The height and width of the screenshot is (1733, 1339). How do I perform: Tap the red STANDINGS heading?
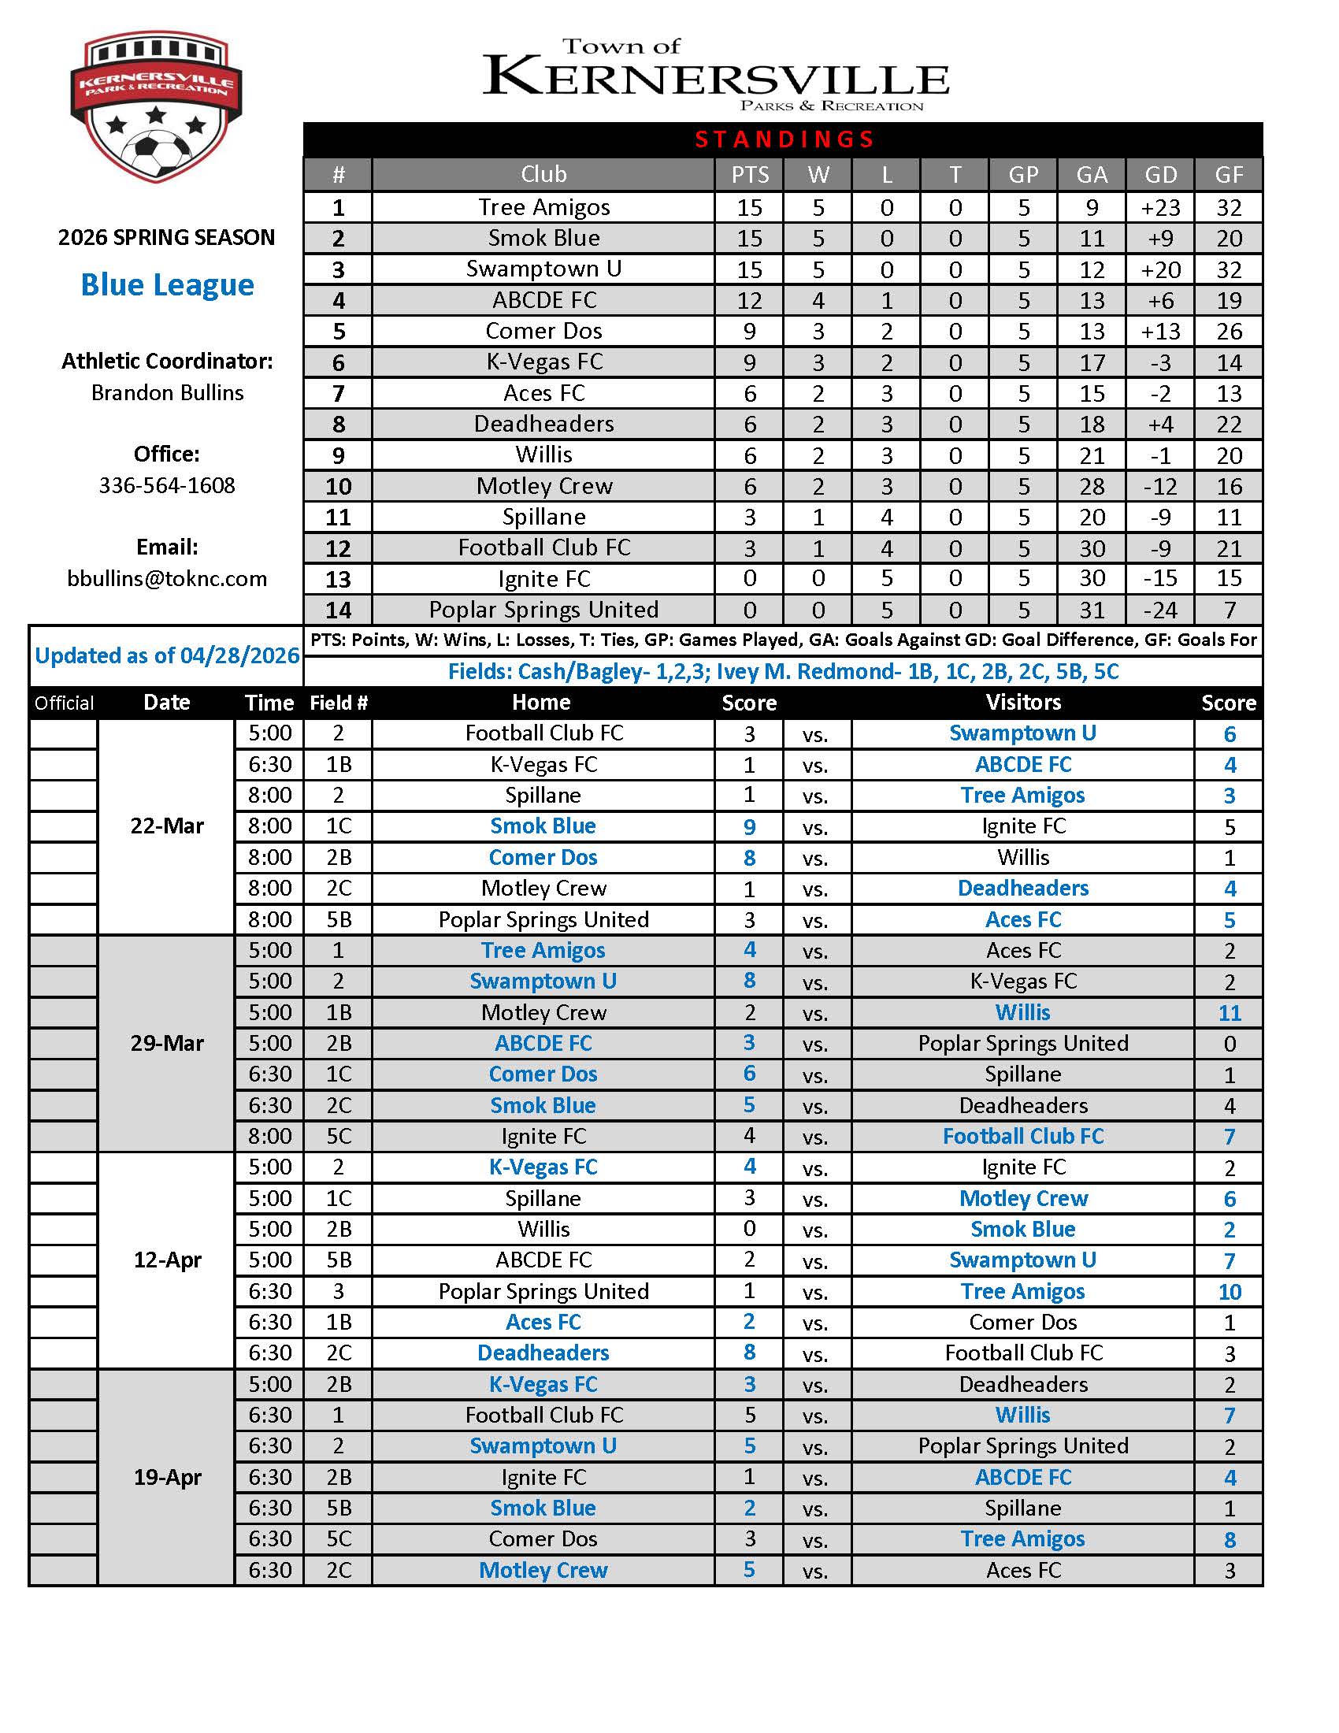tap(784, 139)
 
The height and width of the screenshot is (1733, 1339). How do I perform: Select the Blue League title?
tap(167, 285)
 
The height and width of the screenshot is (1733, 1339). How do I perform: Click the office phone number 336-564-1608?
tap(166, 485)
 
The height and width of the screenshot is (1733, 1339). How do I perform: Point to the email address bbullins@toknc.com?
tap(166, 578)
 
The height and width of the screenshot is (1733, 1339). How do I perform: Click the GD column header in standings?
tap(1160, 175)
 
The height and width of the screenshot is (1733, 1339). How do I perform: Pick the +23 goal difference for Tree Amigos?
tap(1160, 208)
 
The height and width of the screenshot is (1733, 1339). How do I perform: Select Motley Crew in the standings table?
tap(544, 486)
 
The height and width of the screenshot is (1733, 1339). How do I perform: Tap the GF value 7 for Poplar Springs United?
tap(1229, 610)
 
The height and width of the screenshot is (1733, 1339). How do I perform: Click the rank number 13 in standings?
tap(338, 579)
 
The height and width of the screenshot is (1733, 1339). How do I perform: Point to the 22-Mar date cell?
tap(166, 826)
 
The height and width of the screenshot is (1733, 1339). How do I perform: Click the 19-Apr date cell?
tap(166, 1478)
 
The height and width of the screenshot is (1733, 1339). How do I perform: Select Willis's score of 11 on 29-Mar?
tap(1229, 1013)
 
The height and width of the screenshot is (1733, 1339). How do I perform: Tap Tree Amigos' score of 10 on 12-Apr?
tap(1229, 1292)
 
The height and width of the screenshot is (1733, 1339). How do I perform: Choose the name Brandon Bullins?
tap(166, 393)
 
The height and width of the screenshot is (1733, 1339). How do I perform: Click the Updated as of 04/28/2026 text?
tap(166, 655)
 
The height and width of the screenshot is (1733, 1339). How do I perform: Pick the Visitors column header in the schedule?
tap(1023, 702)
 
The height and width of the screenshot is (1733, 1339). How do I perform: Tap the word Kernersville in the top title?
tap(715, 78)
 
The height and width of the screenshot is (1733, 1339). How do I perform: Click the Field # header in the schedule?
tap(338, 703)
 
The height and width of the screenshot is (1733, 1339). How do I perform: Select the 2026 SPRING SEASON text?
tap(166, 237)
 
